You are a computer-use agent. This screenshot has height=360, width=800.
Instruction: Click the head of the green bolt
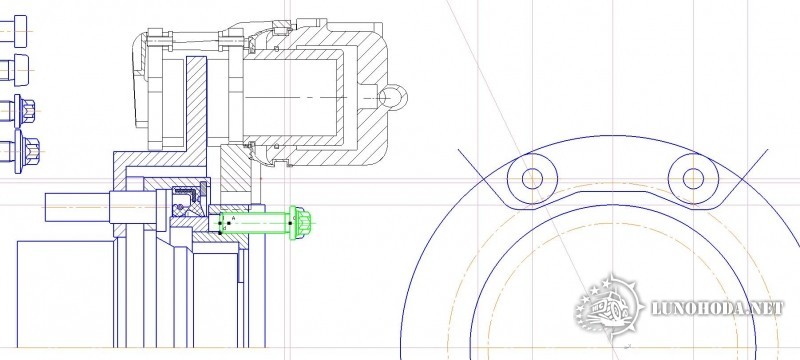point(297,223)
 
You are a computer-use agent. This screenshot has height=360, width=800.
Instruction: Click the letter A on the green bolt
point(234,218)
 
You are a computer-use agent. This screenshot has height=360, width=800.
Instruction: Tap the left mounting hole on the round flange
point(532,178)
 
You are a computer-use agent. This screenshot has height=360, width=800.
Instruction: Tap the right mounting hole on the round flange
point(693,178)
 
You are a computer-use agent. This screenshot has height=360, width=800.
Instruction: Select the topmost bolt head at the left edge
point(20,31)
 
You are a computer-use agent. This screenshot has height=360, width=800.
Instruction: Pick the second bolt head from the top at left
point(21,70)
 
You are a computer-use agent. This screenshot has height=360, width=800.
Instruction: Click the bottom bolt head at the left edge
point(27,151)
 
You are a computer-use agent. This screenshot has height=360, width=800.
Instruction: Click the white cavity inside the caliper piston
point(292,97)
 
